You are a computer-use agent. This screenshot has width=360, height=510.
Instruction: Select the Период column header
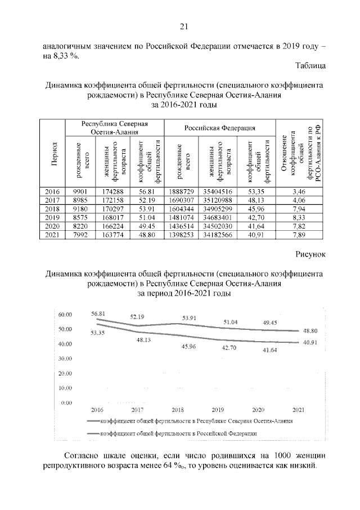52,154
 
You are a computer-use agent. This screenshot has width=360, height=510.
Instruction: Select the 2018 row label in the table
52,209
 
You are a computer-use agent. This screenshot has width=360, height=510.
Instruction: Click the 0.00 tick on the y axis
67,403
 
